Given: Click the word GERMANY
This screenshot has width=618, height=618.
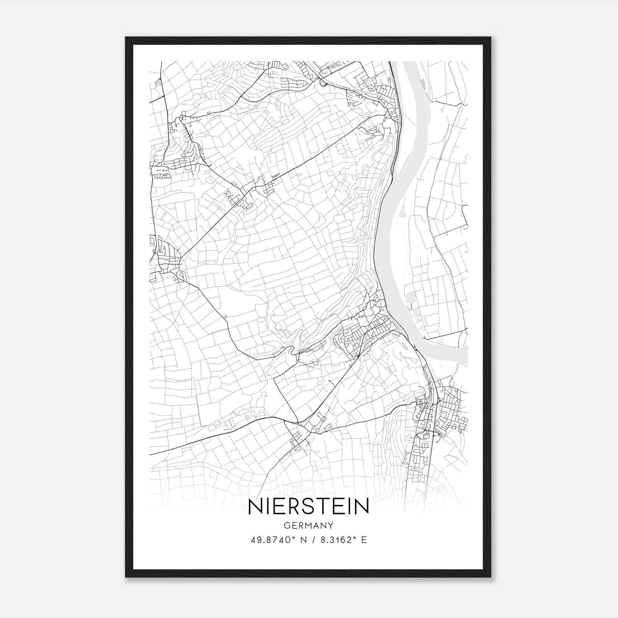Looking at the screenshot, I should point(309,525).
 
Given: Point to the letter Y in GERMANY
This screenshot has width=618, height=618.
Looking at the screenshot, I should point(331,525).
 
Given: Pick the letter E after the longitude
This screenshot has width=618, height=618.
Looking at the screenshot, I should point(364,540).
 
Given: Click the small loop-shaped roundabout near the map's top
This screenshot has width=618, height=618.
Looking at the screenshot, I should point(323,82).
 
